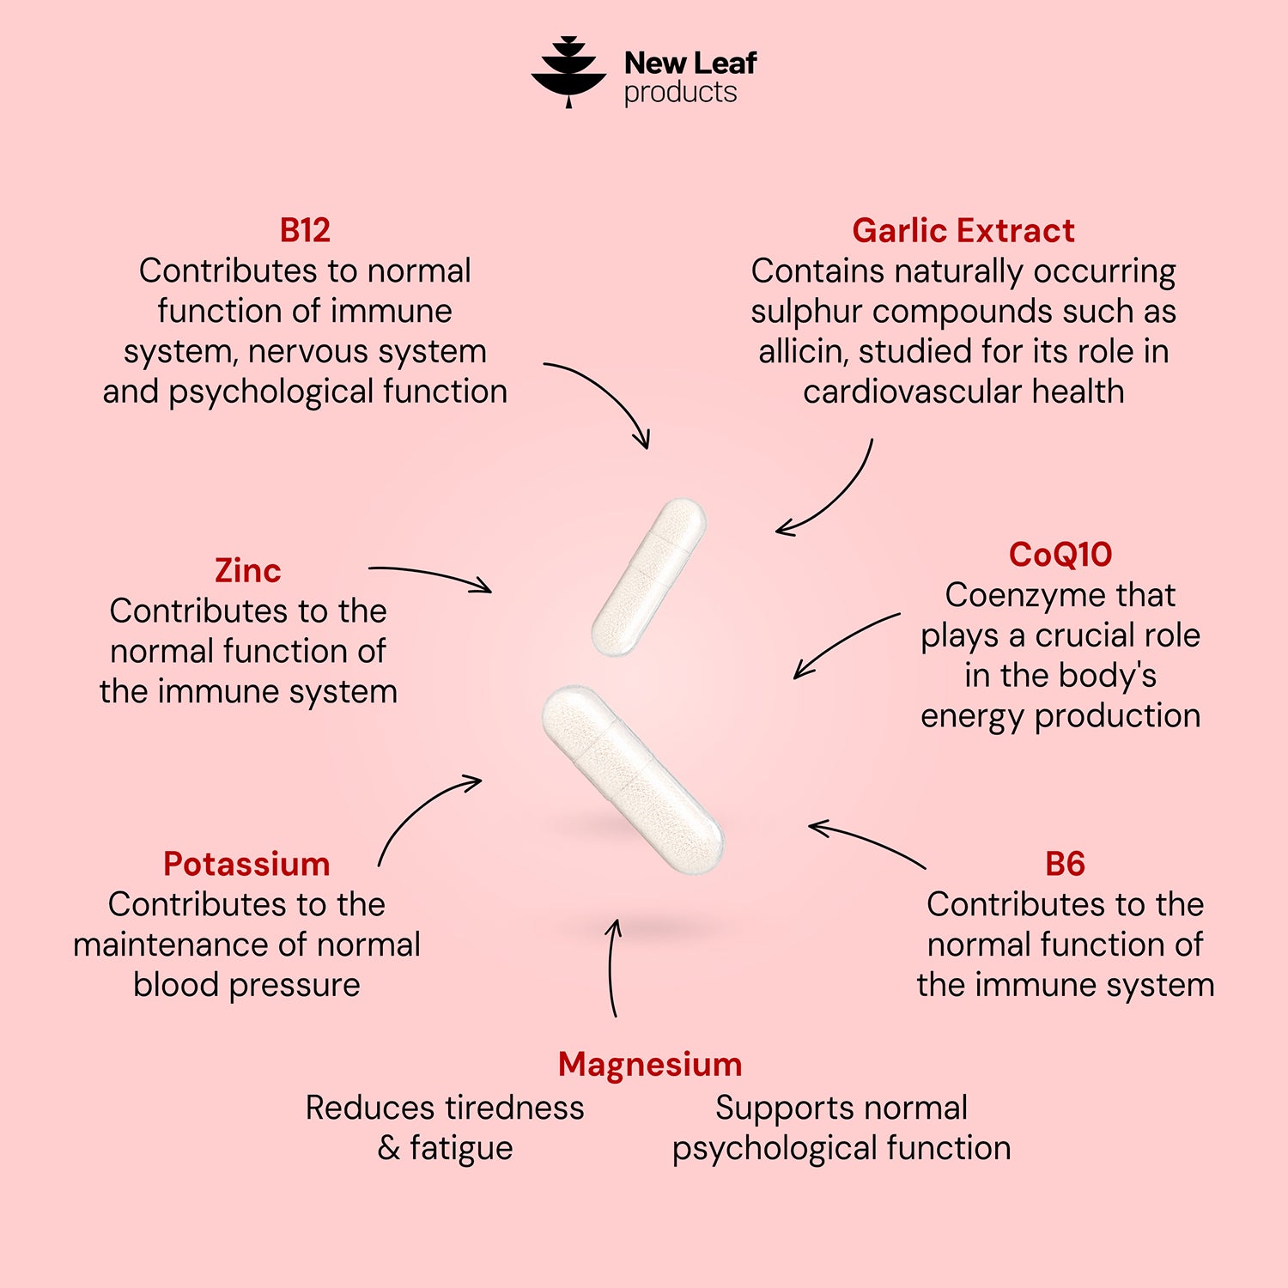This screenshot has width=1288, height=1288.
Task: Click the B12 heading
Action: pos(305,230)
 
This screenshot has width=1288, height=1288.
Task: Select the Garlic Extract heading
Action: pos(963,230)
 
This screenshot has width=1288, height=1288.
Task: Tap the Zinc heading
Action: pos(248,570)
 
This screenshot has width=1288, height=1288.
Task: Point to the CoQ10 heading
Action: pos(1060,554)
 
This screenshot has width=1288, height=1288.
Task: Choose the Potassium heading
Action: pos(246,864)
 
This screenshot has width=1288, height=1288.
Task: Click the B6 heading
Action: pos(1066,864)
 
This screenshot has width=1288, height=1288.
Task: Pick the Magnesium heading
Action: pos(650,1065)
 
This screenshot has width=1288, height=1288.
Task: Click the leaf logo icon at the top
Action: pos(568,72)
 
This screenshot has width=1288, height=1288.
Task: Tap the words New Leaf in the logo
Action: pos(690,63)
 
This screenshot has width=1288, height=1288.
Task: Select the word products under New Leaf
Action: pos(680,93)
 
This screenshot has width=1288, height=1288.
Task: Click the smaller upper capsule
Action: pos(648,577)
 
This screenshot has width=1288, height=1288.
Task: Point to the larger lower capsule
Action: pos(633,780)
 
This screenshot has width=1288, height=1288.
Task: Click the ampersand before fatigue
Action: pos(389,1148)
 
